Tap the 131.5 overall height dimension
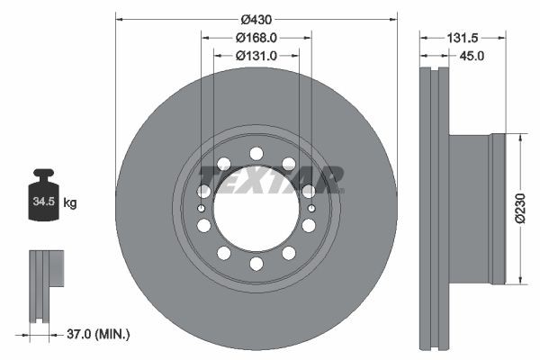(466, 38)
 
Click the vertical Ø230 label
(519, 210)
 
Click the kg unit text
(70, 203)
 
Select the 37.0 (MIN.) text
(99, 334)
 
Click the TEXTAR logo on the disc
(271, 178)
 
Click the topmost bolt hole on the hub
(256, 152)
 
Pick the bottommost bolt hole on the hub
(256, 264)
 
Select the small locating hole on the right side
(310, 209)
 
